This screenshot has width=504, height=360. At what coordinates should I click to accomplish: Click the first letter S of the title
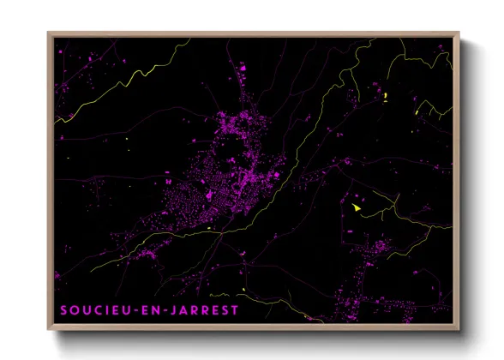pyautogui.click(x=64, y=310)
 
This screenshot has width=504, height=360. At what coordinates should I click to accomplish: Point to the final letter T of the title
pyautogui.click(x=236, y=310)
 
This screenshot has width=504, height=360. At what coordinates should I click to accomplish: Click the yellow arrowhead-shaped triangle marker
pyautogui.click(x=357, y=207)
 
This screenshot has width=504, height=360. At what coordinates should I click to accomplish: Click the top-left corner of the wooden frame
pyautogui.click(x=49, y=33)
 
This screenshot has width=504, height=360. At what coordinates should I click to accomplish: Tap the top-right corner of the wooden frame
pyautogui.click(x=459, y=33)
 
